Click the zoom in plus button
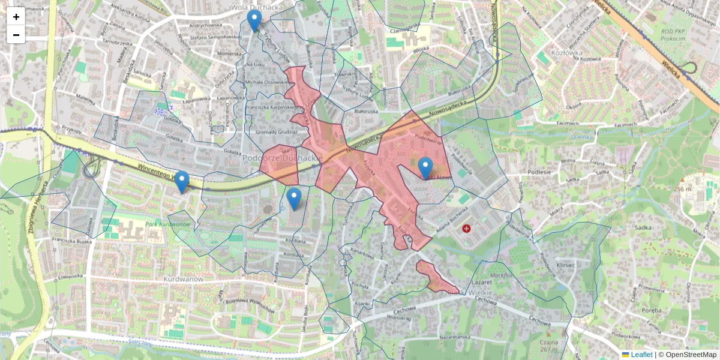[16, 17]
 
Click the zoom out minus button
[16, 35]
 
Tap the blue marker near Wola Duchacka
[254, 20]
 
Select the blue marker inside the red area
[425, 167]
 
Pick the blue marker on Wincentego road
[181, 182]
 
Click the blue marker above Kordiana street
[294, 199]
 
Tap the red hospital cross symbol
[467, 229]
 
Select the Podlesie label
[539, 171]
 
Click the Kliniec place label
[566, 265]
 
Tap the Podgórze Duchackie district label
[283, 158]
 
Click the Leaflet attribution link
[641, 355]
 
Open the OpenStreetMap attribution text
[691, 355]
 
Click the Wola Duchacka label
[257, 7]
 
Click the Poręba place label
[652, 311]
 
